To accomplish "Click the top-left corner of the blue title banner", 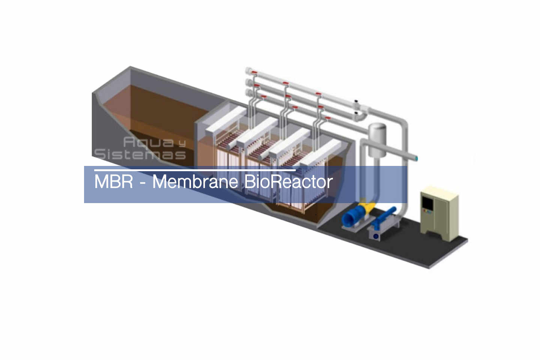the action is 84,166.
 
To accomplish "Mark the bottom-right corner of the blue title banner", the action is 407,203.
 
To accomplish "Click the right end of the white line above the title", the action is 296,170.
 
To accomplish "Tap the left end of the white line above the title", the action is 94,170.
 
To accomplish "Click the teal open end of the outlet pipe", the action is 416,158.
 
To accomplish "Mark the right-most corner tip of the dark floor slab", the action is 468,239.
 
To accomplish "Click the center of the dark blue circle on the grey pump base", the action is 376,236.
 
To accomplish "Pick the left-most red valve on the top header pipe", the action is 253,72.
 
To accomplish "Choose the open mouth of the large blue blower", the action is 347,220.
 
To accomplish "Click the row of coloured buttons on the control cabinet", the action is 427,211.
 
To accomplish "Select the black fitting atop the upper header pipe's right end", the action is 356,101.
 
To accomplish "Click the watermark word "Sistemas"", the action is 140,154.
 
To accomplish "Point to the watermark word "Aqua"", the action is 149,142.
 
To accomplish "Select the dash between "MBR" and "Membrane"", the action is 143,183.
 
